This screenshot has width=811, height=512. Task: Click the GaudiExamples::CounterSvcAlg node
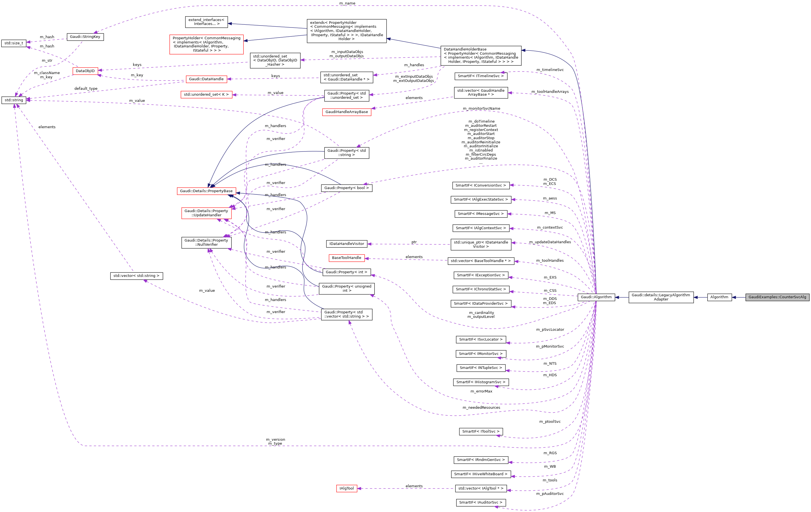[x=777, y=297]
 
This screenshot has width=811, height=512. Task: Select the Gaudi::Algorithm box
[x=596, y=297]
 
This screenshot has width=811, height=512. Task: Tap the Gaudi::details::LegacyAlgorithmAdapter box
[x=661, y=297]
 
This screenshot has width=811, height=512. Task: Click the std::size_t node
[x=14, y=43]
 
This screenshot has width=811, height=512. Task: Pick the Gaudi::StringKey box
[x=85, y=37]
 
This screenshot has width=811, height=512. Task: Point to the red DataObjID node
[x=85, y=71]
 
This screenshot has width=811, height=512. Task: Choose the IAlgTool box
[x=347, y=488]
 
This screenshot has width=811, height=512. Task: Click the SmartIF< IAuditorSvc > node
[x=481, y=502]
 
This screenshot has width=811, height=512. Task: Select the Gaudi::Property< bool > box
[x=347, y=188]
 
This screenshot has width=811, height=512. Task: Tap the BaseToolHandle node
[x=347, y=258]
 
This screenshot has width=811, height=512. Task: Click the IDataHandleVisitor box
[x=347, y=244]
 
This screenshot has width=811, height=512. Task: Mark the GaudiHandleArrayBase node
[x=347, y=112]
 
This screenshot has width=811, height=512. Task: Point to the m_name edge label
[x=347, y=3]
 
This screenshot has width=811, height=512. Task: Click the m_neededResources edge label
[x=481, y=408]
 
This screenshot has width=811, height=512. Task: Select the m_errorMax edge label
[x=481, y=391]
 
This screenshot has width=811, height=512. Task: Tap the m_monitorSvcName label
[x=481, y=109]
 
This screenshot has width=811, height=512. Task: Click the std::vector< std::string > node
[x=137, y=276]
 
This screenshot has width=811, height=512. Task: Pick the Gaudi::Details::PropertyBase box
[x=206, y=191]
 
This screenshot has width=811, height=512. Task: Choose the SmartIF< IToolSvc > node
[x=481, y=431]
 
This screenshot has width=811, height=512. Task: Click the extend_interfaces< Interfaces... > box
[x=206, y=22]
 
